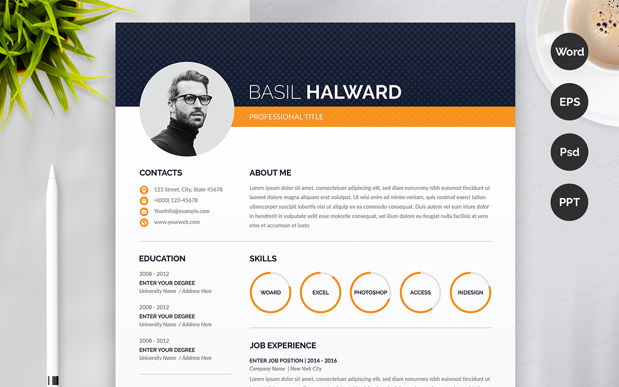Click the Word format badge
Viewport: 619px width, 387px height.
[569, 51]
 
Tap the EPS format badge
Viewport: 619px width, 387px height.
[569, 102]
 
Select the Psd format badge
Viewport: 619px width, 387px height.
[569, 152]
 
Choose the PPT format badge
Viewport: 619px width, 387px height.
[569, 202]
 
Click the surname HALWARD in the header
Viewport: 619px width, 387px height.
[354, 92]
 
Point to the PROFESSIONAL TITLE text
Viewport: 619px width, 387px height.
[286, 117]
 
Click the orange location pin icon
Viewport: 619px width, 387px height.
[144, 190]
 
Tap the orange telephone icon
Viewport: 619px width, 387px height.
[144, 201]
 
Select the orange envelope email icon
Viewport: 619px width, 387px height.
[144, 212]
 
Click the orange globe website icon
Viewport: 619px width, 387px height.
[144, 223]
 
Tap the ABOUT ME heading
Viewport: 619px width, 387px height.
[270, 173]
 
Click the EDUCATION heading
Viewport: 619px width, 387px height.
[162, 259]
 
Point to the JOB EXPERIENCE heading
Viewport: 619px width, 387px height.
[283, 345]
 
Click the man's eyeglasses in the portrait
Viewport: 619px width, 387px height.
[194, 99]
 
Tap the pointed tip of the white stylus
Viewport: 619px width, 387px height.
[52, 165]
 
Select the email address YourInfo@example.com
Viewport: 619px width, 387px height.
[182, 211]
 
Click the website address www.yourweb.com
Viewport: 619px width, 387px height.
[177, 222]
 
